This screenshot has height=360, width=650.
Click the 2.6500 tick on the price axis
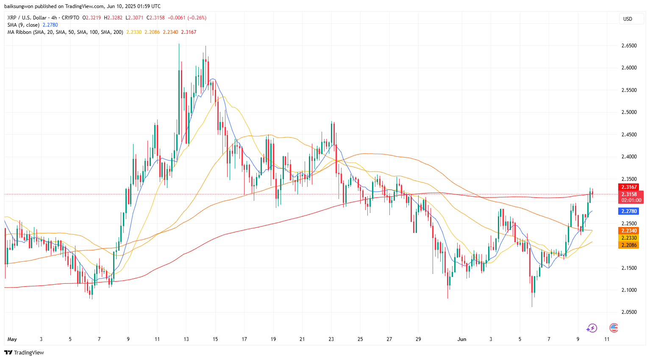[629, 46]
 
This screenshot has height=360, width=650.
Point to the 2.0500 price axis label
[629, 312]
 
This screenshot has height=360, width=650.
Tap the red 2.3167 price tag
[629, 187]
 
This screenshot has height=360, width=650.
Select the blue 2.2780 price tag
[629, 211]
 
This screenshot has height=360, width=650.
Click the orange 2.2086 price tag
[629, 245]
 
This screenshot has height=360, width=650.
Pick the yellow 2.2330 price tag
[629, 238]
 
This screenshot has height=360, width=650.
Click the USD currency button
[628, 19]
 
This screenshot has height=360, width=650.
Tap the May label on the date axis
[12, 339]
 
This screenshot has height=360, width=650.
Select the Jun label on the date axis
[462, 339]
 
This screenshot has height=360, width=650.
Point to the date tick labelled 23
[331, 339]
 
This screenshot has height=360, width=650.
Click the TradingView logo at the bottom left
[24, 352]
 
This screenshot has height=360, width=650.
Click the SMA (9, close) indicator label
[23, 25]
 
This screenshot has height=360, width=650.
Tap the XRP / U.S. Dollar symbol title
[27, 18]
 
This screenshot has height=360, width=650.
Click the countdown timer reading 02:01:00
[631, 200]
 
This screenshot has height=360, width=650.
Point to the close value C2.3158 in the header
[156, 18]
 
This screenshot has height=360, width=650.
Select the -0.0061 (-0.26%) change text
[187, 18]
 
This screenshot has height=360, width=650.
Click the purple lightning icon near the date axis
[592, 328]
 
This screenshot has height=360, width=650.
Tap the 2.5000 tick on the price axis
[629, 112]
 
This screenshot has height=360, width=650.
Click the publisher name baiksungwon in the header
[19, 6]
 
